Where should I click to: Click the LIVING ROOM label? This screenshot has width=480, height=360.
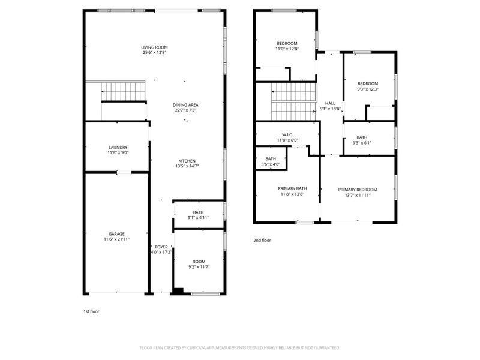154,47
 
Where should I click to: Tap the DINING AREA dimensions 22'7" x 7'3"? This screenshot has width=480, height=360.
185,110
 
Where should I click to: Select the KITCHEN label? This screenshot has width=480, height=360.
187,161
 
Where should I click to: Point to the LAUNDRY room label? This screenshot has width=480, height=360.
118,147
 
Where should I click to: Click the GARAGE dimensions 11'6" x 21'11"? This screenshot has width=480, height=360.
116,239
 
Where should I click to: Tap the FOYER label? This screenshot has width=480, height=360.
161,247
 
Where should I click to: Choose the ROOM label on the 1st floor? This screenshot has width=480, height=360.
199,262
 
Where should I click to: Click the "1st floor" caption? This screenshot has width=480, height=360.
92,312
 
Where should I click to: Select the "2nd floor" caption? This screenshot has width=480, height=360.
262,240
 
